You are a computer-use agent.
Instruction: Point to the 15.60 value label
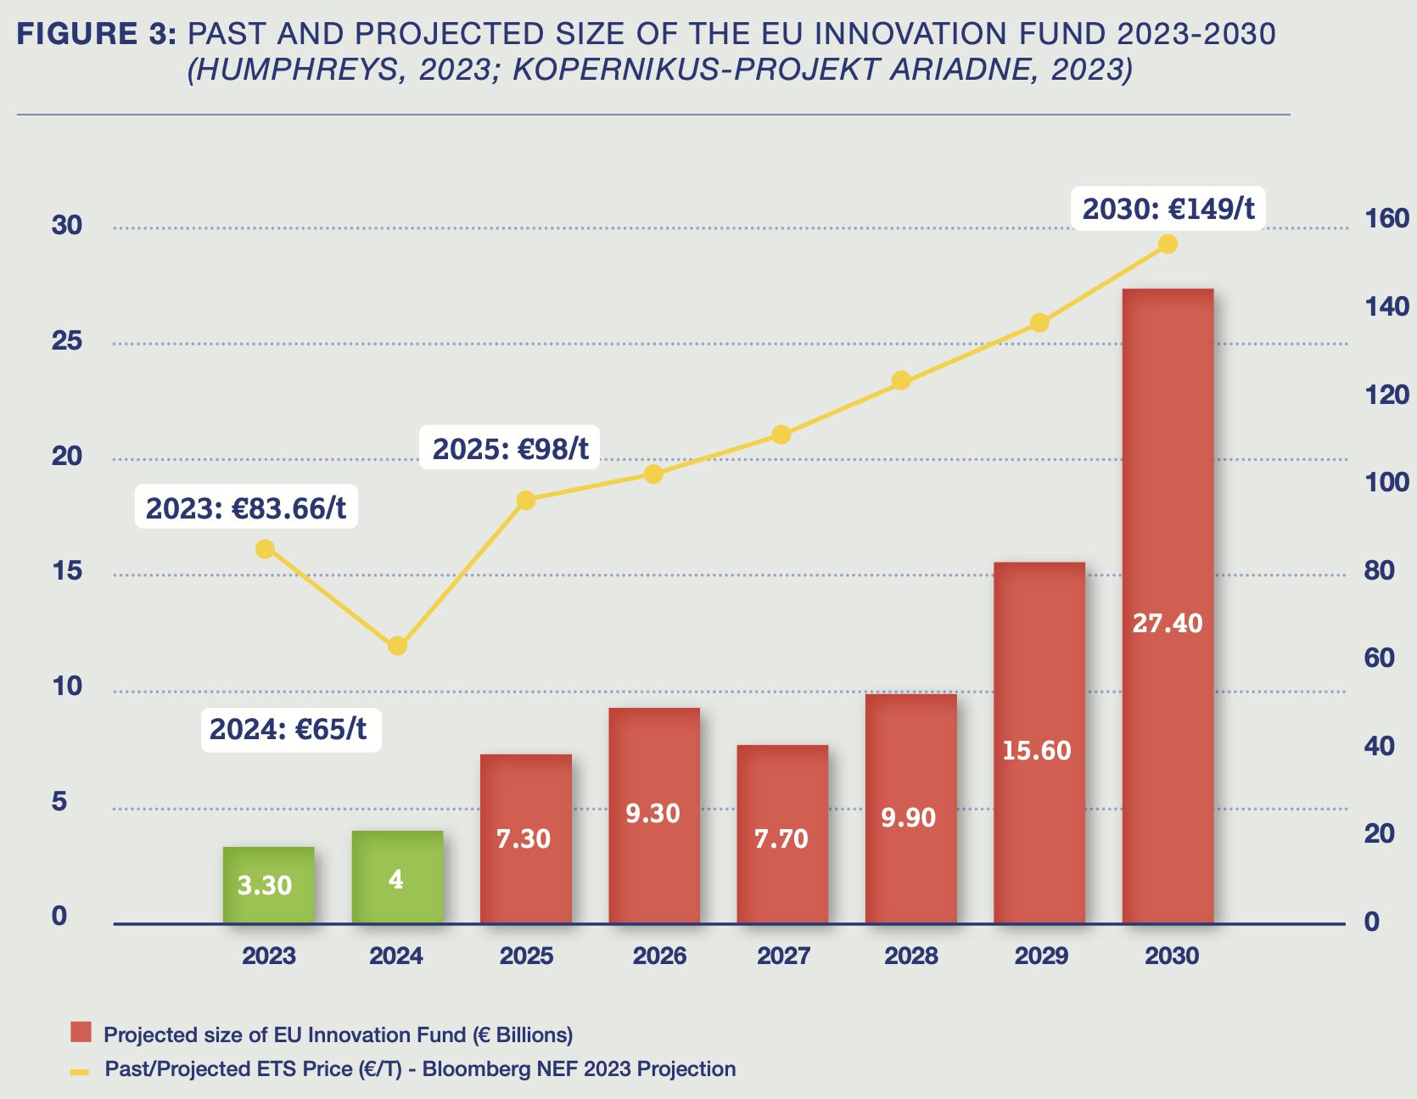tap(1036, 750)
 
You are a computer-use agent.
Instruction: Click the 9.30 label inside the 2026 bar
tap(652, 813)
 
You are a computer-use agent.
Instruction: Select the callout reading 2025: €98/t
tap(510, 448)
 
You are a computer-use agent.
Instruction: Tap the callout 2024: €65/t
tap(288, 729)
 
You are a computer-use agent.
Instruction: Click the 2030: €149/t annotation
tap(1168, 209)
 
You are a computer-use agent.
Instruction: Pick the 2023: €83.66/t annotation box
tap(246, 507)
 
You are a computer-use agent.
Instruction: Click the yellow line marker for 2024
tap(397, 646)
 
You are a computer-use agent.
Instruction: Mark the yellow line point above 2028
tap(901, 380)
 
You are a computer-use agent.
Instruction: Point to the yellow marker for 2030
tap(1168, 244)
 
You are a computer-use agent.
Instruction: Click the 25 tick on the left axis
tap(67, 341)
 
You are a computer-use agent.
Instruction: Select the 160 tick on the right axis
tap(1386, 219)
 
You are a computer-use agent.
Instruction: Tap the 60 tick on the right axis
tap(1379, 658)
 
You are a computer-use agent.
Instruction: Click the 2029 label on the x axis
tap(1041, 956)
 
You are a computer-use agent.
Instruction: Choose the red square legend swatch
tap(81, 1032)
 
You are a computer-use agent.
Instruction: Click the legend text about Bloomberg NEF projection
tap(420, 1068)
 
